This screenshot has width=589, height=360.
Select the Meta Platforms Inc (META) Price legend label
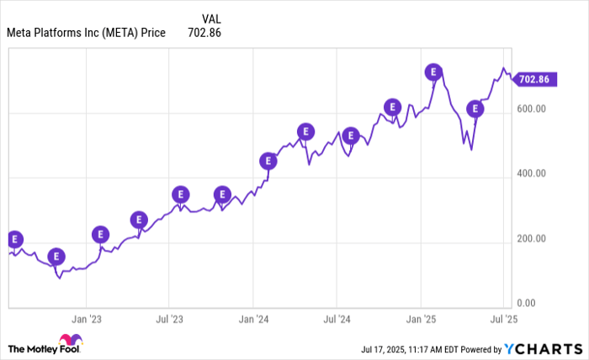click(86, 33)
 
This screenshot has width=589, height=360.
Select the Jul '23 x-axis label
click(169, 320)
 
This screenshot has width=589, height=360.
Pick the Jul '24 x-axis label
click(337, 320)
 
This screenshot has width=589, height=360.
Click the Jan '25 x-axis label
click(421, 320)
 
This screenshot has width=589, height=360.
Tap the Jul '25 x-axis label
click(503, 320)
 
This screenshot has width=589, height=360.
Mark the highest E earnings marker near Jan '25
click(433, 72)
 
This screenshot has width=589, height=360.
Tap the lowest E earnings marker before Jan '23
click(56, 257)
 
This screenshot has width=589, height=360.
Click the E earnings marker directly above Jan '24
click(268, 161)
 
